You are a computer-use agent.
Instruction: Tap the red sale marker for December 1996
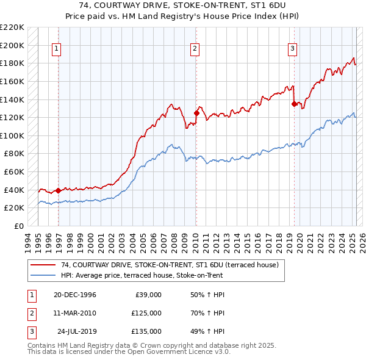[x=58, y=190]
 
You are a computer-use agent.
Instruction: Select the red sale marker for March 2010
[x=196, y=113]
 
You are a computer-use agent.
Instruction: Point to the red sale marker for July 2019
[x=294, y=104]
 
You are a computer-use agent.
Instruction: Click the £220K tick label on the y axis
[x=12, y=27]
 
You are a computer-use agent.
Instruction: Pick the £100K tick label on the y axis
[x=12, y=135]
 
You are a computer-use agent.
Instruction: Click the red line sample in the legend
[x=43, y=265]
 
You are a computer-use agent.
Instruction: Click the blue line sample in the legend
[x=43, y=275]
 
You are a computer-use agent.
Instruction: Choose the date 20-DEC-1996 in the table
[x=74, y=295]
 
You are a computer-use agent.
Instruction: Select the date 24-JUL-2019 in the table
[x=77, y=331]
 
